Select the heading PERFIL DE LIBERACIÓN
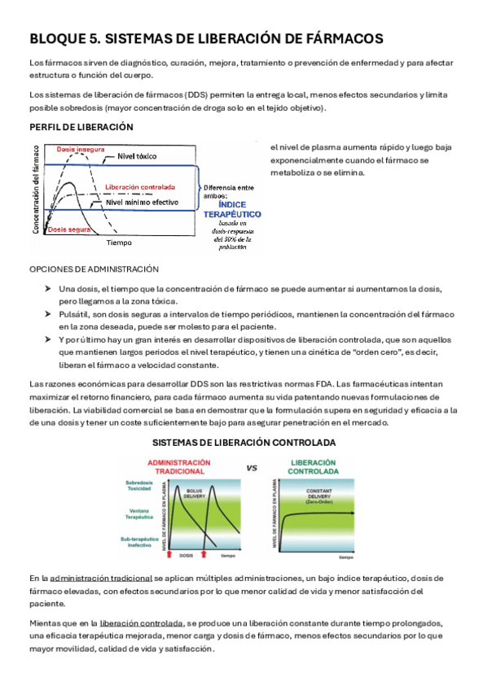[x=81, y=127]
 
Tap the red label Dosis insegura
[x=80, y=150]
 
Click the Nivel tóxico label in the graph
[x=138, y=155]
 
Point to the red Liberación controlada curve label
[x=141, y=187]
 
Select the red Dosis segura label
[x=69, y=229]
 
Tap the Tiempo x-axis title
[x=119, y=242]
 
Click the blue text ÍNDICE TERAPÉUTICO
[x=232, y=209]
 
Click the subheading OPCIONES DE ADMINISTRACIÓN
[x=94, y=269]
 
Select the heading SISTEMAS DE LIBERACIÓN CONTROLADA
[x=244, y=443]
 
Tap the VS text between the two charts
[x=252, y=468]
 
